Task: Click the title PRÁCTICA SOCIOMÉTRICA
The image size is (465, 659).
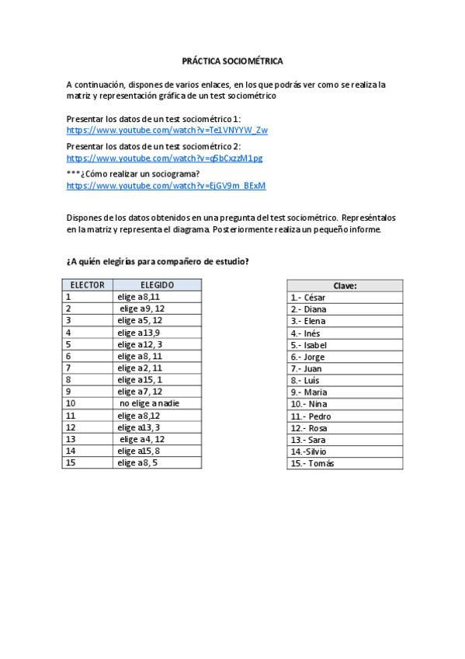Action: click(232, 60)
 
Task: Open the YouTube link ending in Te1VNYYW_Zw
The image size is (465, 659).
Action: click(167, 130)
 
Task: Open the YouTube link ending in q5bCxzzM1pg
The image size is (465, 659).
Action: click(165, 158)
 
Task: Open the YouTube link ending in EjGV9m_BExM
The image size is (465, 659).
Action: click(166, 186)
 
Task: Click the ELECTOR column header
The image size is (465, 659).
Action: click(88, 285)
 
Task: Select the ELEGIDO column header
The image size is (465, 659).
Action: click(157, 285)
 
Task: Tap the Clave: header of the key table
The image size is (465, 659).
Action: click(345, 285)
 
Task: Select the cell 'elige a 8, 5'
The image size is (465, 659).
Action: click(139, 462)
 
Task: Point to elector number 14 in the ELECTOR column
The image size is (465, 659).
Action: click(71, 451)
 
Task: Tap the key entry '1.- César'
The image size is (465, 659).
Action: click(308, 297)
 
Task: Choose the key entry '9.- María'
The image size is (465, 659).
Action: click(309, 392)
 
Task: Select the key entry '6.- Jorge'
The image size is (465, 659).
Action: click(308, 357)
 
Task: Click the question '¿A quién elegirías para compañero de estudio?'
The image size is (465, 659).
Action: click(158, 261)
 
